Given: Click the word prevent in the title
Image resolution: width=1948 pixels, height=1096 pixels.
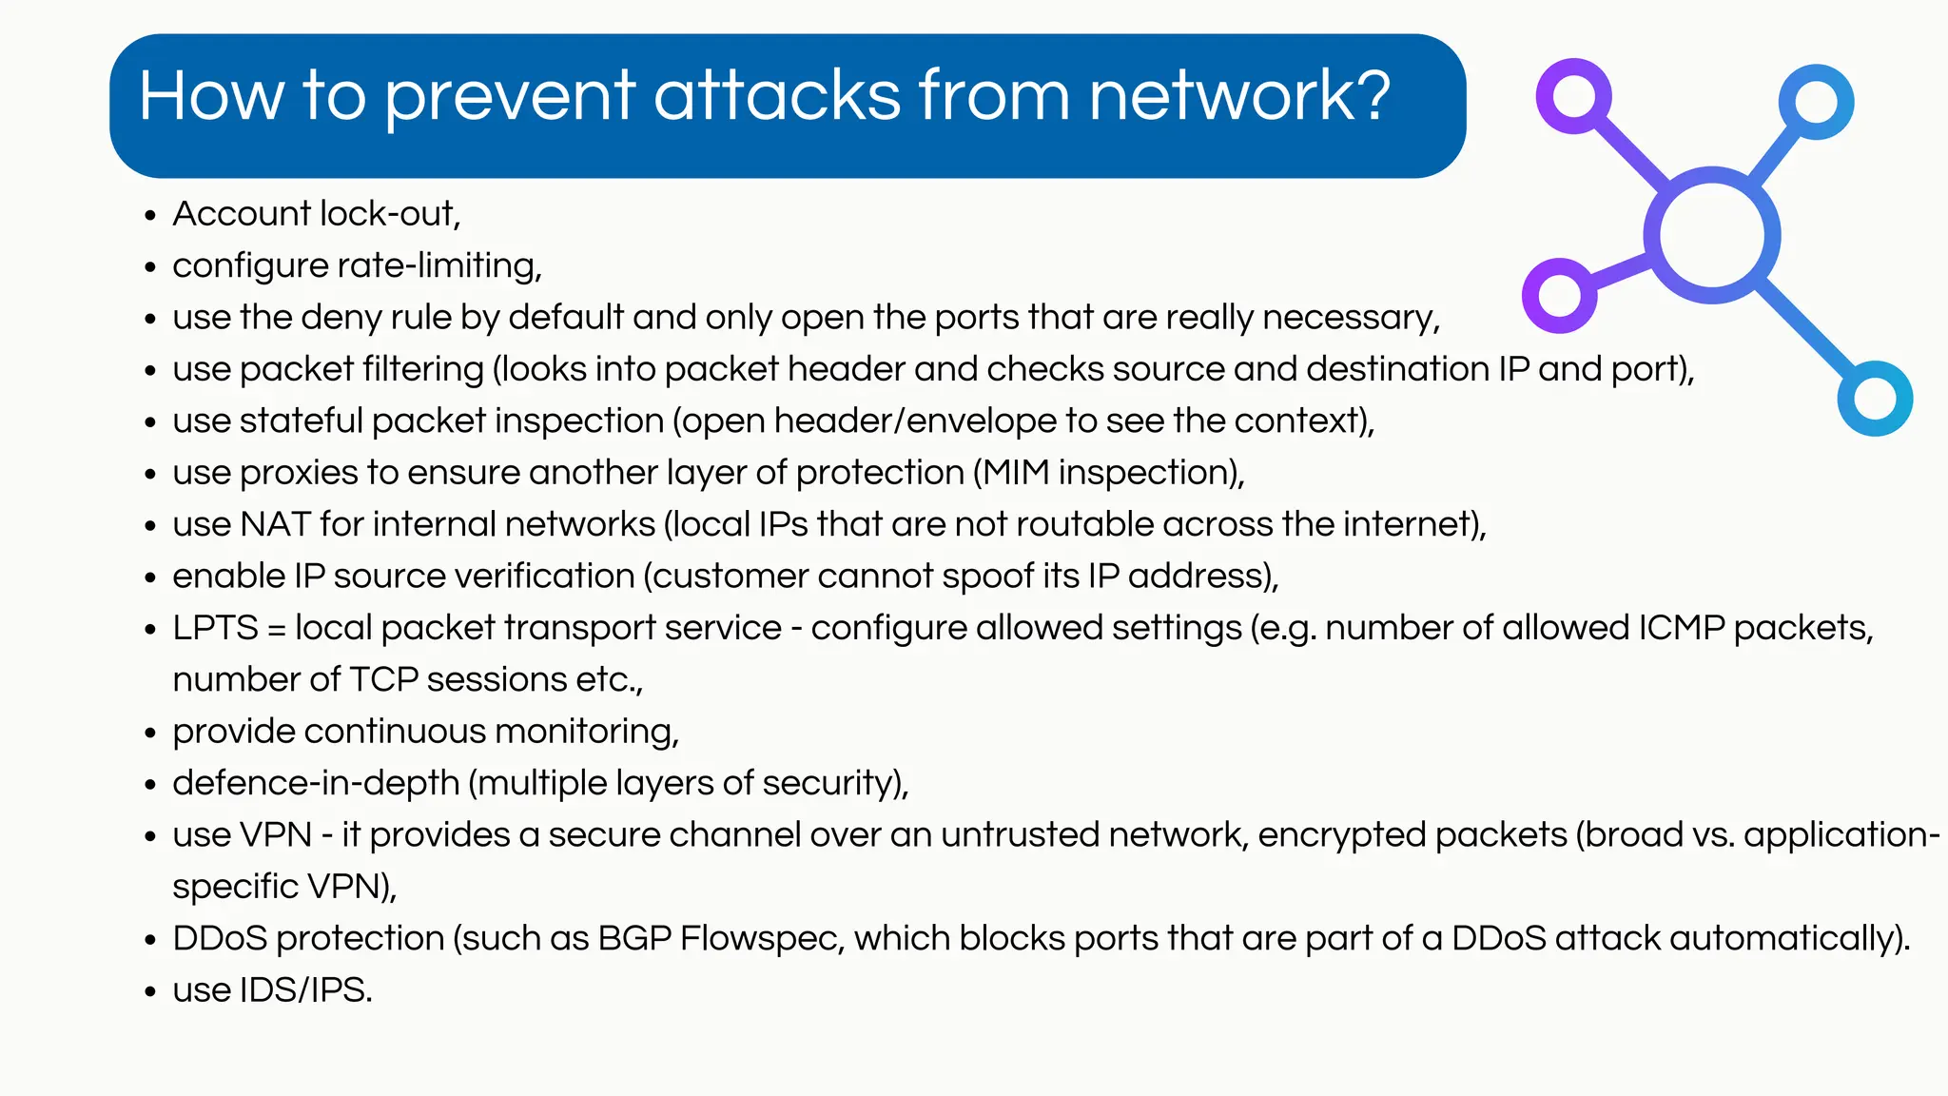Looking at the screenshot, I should (x=510, y=97).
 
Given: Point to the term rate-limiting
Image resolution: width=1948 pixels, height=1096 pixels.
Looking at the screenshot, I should (x=446, y=265).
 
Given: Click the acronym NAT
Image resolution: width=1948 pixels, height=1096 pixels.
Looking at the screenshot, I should (x=275, y=524).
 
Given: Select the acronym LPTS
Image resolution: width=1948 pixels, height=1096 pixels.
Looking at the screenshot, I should (x=215, y=628).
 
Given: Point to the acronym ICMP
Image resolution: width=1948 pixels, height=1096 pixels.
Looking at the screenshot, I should (x=1681, y=628).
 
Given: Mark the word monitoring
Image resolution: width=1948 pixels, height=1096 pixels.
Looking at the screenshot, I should (x=586, y=732).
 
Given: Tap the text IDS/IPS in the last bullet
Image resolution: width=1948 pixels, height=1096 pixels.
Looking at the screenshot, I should (x=304, y=990).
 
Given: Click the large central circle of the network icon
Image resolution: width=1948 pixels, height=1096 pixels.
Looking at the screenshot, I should (x=1711, y=235).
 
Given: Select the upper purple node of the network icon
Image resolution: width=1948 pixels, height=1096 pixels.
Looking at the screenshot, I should (x=1573, y=96).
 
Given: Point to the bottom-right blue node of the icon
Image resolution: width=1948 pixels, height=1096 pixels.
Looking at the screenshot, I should (x=1875, y=398).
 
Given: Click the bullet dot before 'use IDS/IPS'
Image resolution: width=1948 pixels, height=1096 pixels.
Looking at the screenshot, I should (x=149, y=992).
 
